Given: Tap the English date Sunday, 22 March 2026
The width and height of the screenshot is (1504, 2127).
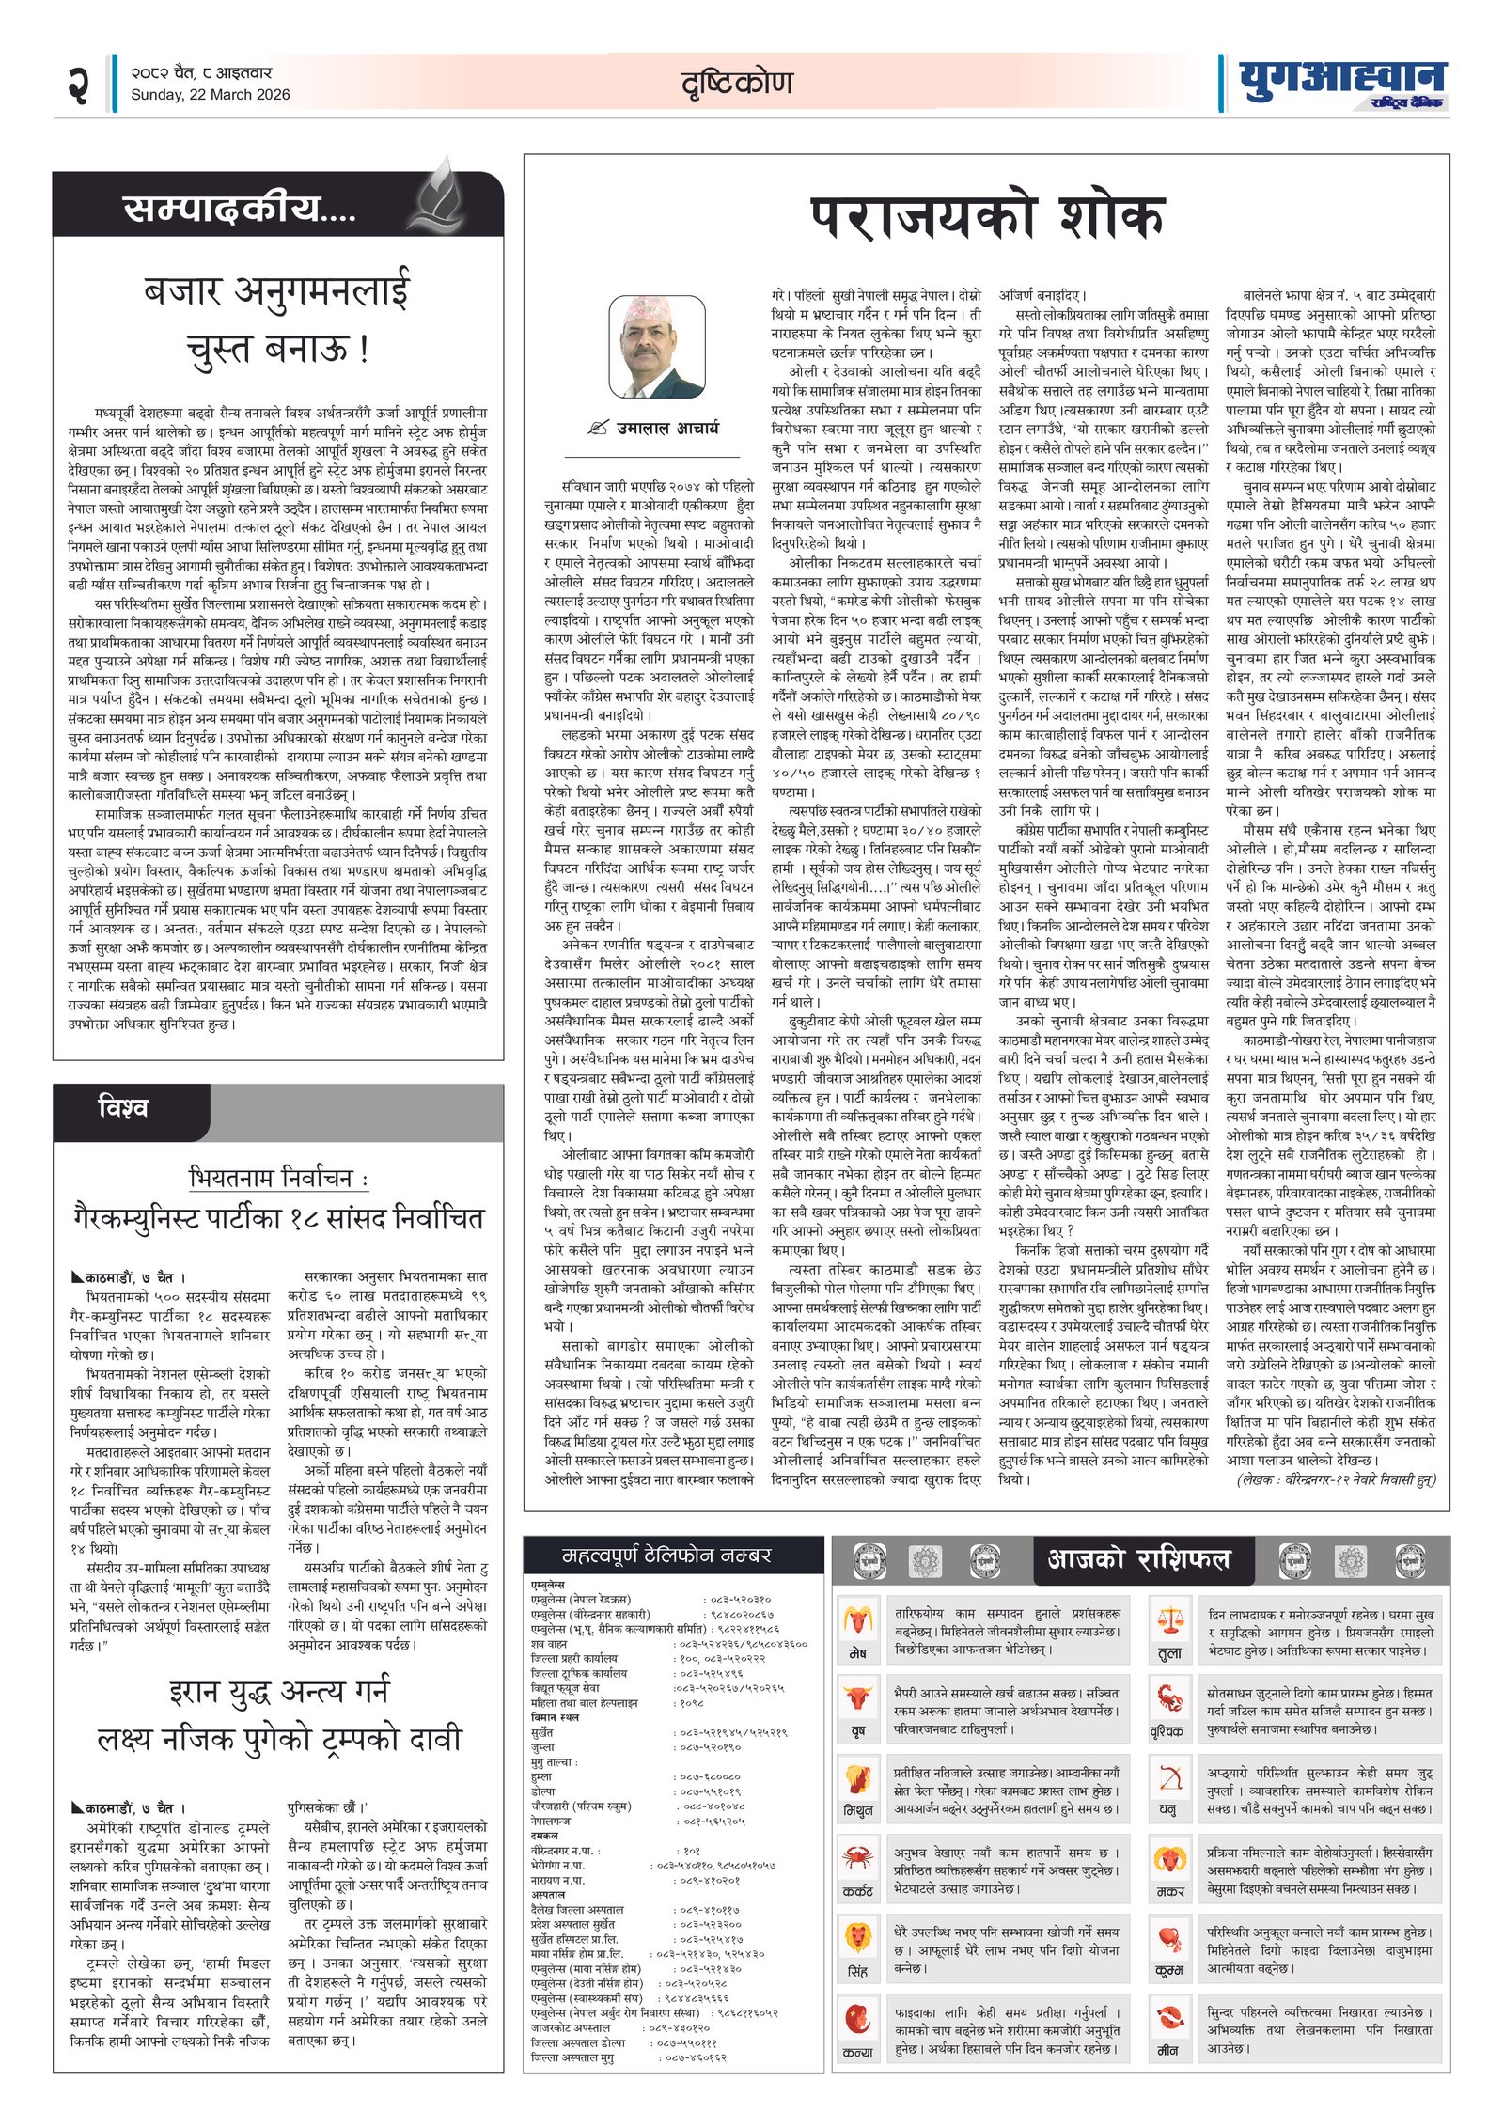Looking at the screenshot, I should [x=210, y=94].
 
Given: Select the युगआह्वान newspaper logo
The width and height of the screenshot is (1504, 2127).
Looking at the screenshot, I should [x=1341, y=83].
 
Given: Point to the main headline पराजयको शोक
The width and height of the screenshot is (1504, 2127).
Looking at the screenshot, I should [x=986, y=218].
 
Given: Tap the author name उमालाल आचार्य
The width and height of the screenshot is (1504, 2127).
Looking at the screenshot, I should [x=667, y=428].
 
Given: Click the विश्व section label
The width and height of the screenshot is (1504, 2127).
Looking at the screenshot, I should [x=123, y=1107].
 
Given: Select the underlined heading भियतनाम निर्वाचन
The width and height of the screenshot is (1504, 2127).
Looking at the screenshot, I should [x=278, y=1178].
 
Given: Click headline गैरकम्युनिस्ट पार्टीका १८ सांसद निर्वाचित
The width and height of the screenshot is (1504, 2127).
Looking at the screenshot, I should [x=278, y=1219].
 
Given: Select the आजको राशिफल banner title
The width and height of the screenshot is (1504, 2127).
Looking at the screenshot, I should [x=1138, y=1559].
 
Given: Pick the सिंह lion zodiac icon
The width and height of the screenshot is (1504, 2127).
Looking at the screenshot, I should [x=856, y=1936].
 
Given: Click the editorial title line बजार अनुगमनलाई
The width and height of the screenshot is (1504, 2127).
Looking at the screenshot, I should [x=278, y=290].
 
